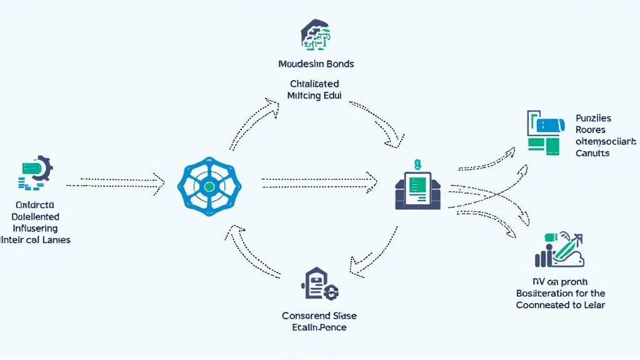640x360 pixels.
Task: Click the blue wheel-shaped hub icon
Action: click(x=209, y=186)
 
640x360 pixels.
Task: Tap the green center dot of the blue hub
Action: click(x=209, y=186)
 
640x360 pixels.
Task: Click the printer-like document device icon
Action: click(x=417, y=188)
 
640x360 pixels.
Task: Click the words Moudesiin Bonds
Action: click(x=316, y=64)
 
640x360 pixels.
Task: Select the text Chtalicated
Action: click(x=315, y=83)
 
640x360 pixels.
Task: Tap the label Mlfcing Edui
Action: click(x=315, y=96)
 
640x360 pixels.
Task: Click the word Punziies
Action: click(x=594, y=118)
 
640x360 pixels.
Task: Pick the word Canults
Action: click(x=592, y=152)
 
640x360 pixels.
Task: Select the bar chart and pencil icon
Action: click(x=559, y=250)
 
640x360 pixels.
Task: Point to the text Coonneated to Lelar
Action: click(x=561, y=305)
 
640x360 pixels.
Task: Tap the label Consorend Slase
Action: click(x=319, y=316)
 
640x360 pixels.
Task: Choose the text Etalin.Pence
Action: click(x=319, y=327)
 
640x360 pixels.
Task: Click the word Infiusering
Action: click(x=36, y=228)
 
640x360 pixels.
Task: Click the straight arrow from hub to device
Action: click(x=319, y=183)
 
